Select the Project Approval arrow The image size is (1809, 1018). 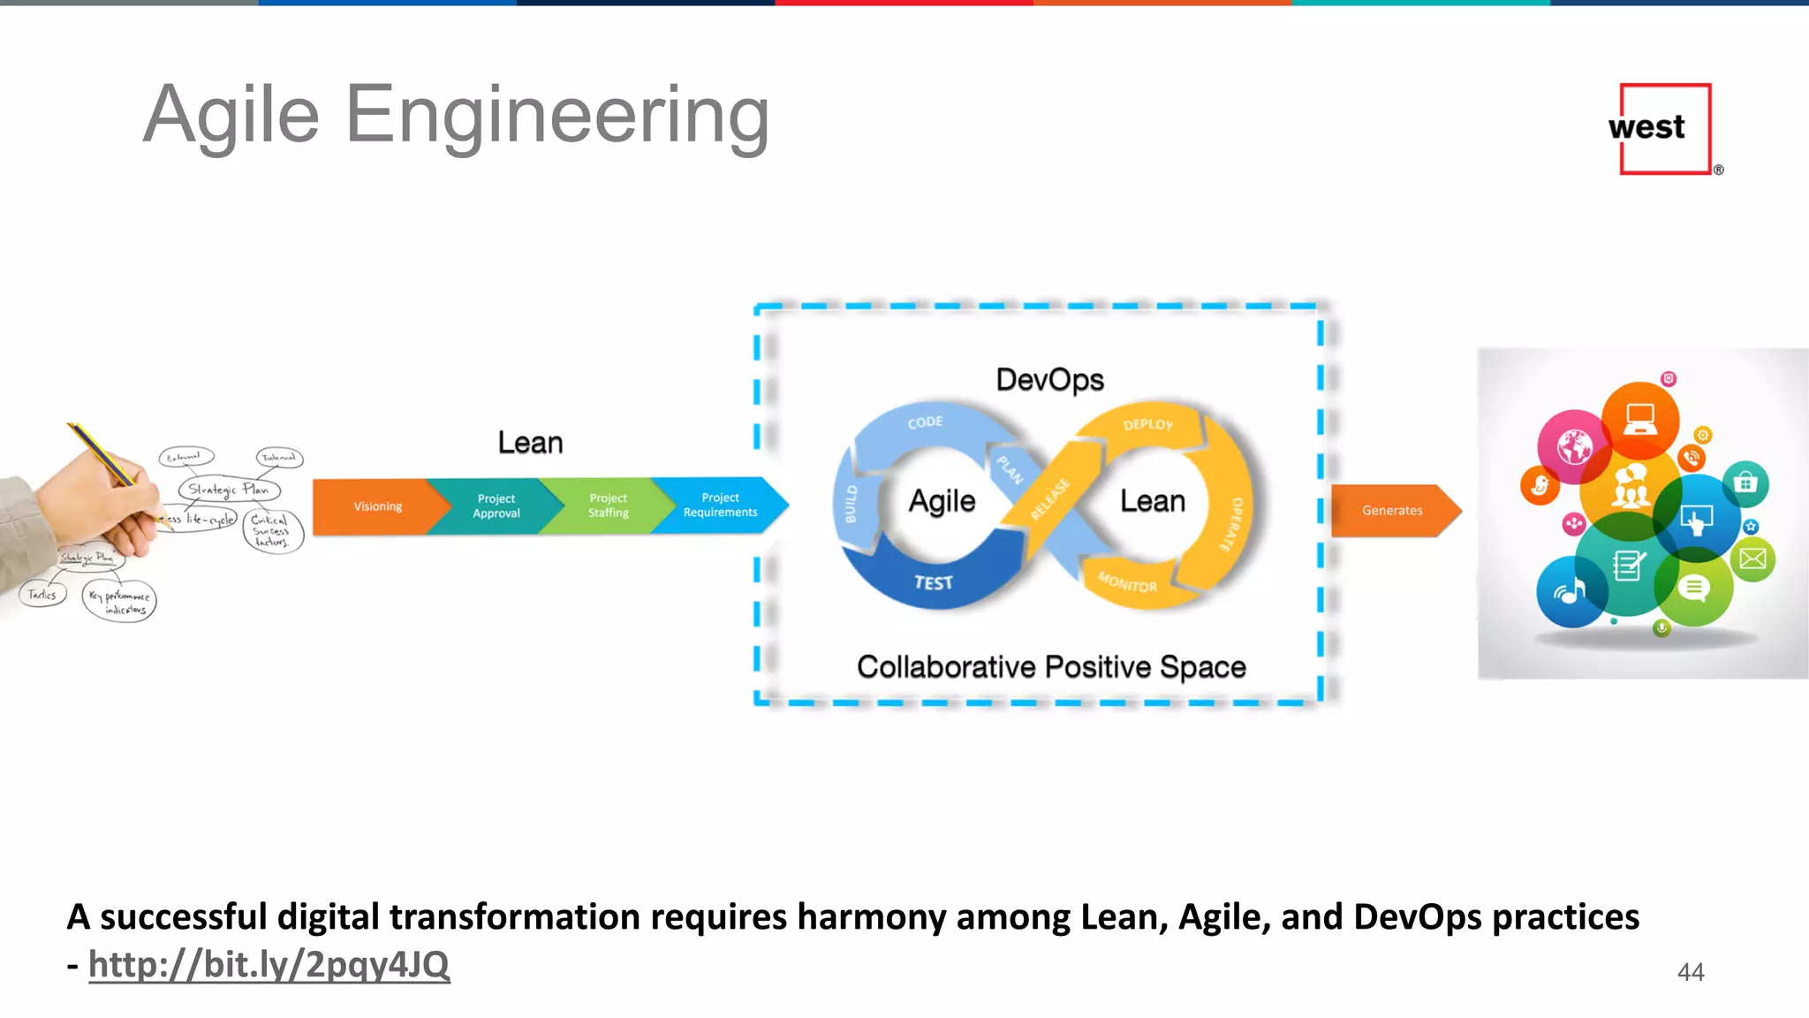pyautogui.click(x=496, y=506)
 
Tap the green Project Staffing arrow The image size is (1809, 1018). pyautogui.click(x=609, y=506)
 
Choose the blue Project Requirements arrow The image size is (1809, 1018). pyautogui.click(x=721, y=505)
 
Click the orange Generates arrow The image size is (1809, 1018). pyautogui.click(x=1392, y=511)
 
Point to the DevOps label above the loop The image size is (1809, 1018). pyautogui.click(x=1049, y=380)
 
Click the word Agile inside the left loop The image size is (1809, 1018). pyautogui.click(x=942, y=501)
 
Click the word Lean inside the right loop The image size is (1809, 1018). pyautogui.click(x=1152, y=501)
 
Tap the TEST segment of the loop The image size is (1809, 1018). pyautogui.click(x=933, y=582)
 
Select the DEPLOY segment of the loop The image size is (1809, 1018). pyautogui.click(x=1148, y=425)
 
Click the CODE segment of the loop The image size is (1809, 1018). pyautogui.click(x=925, y=422)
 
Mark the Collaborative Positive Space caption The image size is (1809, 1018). pyautogui.click(x=1051, y=667)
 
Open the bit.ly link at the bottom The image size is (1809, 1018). pyautogui.click(x=269, y=964)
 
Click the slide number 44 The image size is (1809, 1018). pyautogui.click(x=1690, y=972)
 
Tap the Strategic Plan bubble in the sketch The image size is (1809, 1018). pyautogui.click(x=229, y=490)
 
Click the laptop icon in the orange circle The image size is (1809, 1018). pyautogui.click(x=1640, y=418)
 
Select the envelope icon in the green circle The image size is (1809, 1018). pyautogui.click(x=1752, y=558)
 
